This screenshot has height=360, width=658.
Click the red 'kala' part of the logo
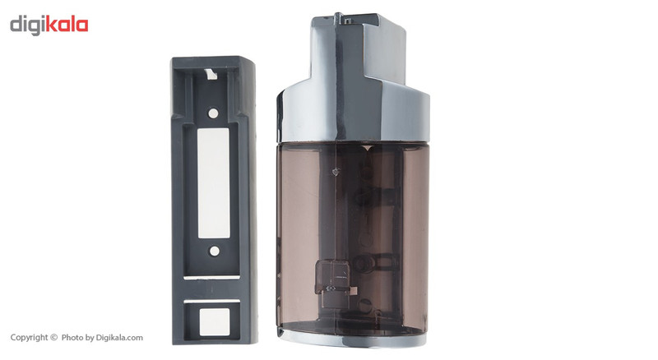[67, 25]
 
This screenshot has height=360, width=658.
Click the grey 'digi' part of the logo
[28, 25]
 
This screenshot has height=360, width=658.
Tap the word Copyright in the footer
[29, 338]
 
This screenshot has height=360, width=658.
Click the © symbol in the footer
[53, 337]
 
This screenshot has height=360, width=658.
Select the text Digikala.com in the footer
[119, 337]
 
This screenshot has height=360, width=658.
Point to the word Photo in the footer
[72, 337]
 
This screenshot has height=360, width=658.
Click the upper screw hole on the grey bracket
[213, 113]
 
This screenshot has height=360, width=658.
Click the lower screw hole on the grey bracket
[214, 251]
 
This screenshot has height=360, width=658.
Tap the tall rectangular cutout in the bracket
[213, 183]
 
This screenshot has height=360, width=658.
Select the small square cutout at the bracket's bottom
[214, 322]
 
